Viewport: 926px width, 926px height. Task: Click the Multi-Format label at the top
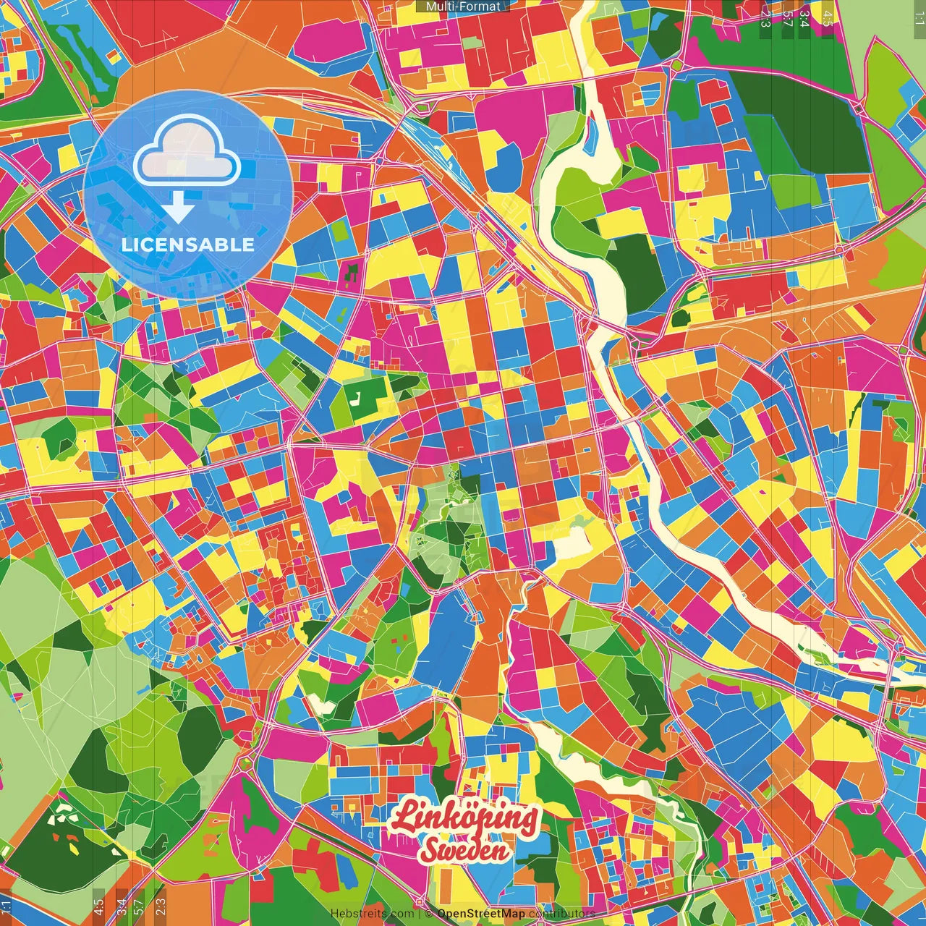[x=463, y=6]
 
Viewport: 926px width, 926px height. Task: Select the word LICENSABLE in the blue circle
[x=188, y=245]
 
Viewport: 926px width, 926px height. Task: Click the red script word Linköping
[x=464, y=817]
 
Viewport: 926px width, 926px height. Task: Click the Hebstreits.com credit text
[x=372, y=914]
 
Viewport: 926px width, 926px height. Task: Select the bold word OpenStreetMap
[x=481, y=914]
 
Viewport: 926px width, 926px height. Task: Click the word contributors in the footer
[x=561, y=914]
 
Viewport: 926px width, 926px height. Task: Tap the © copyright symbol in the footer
[x=429, y=914]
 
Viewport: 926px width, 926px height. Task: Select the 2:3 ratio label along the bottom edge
[x=161, y=906]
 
